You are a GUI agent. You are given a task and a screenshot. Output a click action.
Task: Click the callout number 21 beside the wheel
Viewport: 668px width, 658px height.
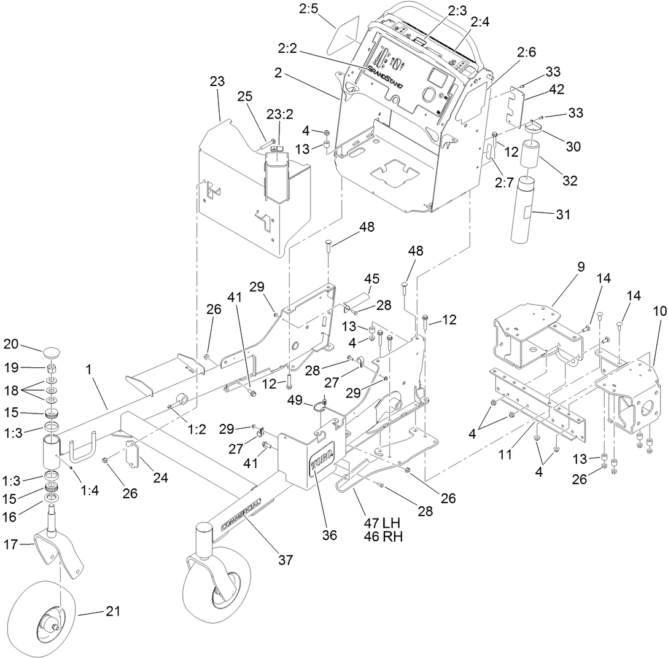click(113, 611)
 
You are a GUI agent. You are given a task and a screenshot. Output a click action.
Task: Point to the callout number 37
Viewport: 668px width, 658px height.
click(285, 560)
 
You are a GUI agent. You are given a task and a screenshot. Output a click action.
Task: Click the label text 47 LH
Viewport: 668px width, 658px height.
click(382, 523)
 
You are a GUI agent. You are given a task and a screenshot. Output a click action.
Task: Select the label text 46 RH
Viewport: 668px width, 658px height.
click(382, 536)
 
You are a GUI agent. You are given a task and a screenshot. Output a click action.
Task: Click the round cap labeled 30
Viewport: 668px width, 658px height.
click(533, 128)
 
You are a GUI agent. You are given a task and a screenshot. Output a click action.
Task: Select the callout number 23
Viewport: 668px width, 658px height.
click(217, 81)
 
